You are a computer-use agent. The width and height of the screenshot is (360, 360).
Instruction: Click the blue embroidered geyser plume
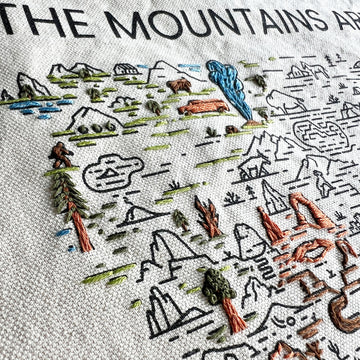[x=230, y=88]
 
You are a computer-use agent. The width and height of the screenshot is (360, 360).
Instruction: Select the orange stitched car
[x=205, y=105]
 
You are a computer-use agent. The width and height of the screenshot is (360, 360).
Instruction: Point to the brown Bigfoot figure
[x=62, y=155]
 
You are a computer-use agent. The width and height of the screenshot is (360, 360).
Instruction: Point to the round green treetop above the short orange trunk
[x=218, y=286]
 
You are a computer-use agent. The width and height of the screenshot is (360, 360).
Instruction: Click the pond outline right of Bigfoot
[x=113, y=173]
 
